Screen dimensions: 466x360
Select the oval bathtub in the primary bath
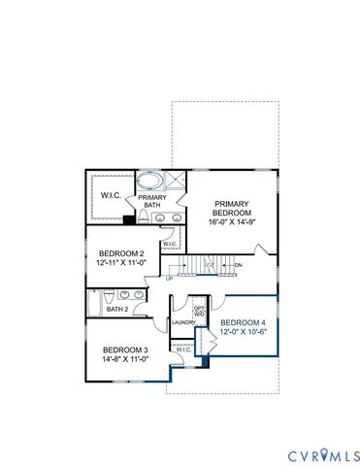[150, 181]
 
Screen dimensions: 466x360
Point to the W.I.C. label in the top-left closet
[111, 195]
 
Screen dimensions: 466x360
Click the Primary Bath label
[150, 201]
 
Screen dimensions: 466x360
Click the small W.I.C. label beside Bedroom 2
[169, 271]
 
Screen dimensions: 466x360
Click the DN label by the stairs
[238, 264]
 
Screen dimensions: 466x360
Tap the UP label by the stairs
[171, 278]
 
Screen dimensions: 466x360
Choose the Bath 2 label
[118, 310]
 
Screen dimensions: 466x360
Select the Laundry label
[183, 323]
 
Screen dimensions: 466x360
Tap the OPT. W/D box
[199, 311]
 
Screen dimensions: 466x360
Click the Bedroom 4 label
[240, 322]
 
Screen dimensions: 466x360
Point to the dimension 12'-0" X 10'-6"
[240, 333]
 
